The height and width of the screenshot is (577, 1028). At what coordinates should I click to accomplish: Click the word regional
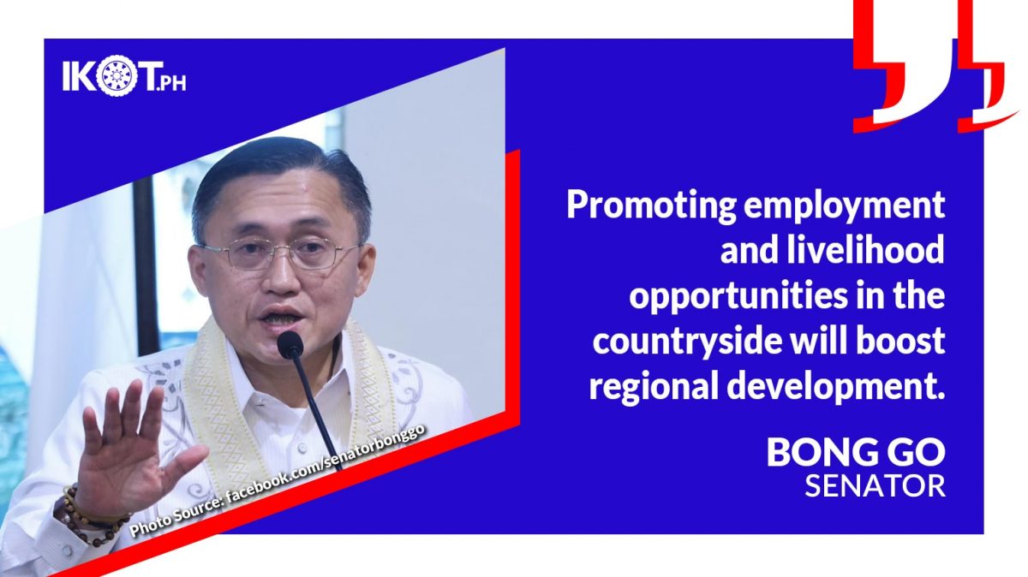(x=654, y=387)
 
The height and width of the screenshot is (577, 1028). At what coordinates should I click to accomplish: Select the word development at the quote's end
(x=836, y=387)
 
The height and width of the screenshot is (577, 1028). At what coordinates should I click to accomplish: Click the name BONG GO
(x=856, y=452)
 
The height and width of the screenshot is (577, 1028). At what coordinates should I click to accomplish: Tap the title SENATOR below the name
(x=876, y=486)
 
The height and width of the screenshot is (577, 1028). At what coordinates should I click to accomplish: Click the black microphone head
(x=290, y=345)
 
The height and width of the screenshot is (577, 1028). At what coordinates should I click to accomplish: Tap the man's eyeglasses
(x=279, y=253)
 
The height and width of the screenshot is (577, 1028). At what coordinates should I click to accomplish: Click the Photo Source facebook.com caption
(x=278, y=479)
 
